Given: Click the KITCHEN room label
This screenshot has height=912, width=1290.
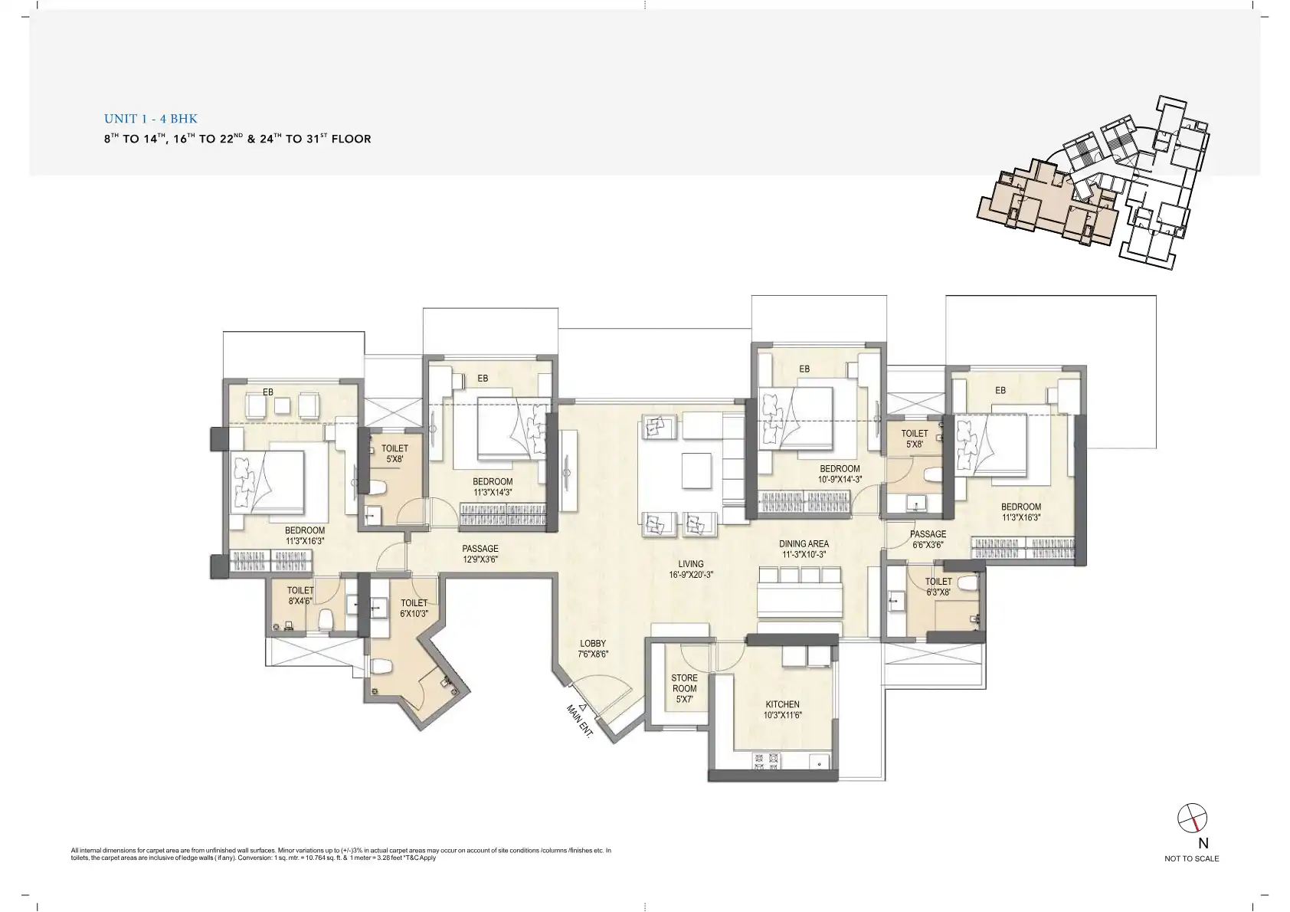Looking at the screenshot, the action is (783, 704).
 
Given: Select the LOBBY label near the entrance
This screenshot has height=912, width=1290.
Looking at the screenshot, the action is (593, 644).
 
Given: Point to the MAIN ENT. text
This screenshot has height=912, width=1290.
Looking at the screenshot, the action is (579, 720).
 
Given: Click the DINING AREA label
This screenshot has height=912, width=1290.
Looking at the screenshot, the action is (804, 544).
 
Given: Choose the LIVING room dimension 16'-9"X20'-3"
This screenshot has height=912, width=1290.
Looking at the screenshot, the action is (691, 574).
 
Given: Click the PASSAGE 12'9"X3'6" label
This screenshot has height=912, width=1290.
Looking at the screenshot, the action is (480, 553).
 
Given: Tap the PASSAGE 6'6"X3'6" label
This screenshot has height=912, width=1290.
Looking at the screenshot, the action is (928, 540).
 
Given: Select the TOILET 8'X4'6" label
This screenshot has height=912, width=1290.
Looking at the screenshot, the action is (300, 595).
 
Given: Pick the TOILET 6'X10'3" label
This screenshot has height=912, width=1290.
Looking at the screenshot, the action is (414, 609).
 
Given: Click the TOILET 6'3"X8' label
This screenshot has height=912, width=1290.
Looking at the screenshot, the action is (938, 586).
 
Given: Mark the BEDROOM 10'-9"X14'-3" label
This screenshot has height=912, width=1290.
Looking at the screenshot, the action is (840, 474).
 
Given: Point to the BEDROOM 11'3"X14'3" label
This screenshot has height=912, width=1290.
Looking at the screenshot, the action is (493, 487).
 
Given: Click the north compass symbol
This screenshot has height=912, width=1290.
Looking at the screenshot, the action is (1192, 818).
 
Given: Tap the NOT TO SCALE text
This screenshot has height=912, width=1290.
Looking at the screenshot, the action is (1191, 858).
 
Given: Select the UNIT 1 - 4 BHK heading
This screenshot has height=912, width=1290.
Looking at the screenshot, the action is (151, 119).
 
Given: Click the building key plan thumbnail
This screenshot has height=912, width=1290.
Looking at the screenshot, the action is (1093, 182).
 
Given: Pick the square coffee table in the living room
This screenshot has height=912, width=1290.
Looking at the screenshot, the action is (696, 471).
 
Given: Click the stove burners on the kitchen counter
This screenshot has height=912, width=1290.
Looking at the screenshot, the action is (767, 762).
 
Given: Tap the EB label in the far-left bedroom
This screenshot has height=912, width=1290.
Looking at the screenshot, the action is (268, 392).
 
